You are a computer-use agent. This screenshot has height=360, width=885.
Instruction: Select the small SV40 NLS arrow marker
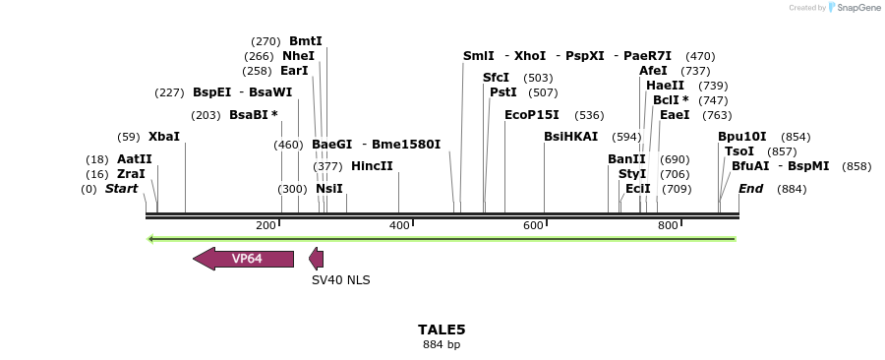316,259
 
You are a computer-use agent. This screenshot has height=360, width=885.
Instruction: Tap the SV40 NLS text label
340,280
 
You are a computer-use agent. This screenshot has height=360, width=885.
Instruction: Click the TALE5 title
442,330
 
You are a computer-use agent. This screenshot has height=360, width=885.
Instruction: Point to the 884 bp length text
442,345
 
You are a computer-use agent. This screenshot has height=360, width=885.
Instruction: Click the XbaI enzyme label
164,137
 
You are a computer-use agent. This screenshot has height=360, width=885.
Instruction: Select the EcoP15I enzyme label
531,115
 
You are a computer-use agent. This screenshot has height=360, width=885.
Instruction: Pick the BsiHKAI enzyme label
570,137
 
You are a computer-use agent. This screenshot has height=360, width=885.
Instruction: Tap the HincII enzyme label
372,166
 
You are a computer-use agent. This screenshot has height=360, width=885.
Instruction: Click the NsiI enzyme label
329,189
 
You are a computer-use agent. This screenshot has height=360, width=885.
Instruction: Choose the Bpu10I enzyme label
741,137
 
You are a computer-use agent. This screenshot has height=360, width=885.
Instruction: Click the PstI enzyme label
503,92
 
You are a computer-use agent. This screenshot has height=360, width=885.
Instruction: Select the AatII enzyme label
135,159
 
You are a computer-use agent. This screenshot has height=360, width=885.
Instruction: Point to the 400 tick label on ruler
399,226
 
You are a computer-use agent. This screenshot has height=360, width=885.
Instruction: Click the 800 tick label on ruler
668,226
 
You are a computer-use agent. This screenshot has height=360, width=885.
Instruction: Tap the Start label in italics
121,189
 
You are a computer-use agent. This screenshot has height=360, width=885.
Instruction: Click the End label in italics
750,189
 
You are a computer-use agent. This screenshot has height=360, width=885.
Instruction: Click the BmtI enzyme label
306,41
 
